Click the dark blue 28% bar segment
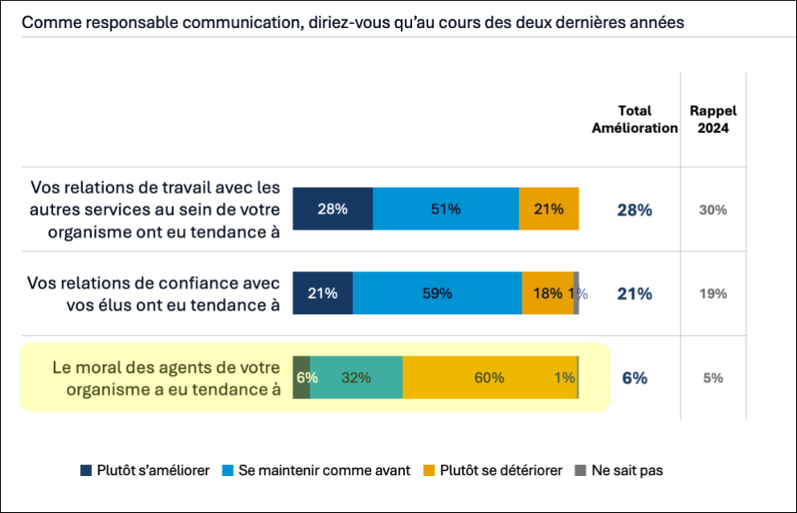332,209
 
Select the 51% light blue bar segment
445,209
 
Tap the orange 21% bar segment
548,209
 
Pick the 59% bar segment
437,293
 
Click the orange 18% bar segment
547,293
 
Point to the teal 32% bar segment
356,377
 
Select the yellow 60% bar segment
489,377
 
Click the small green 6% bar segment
301,377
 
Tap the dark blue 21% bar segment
323,293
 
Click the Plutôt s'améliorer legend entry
146,470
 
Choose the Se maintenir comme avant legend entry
317,470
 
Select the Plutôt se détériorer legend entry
493,470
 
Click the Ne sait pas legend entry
618,470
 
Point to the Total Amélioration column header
634,119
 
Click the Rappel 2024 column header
712,119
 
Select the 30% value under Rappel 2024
712,210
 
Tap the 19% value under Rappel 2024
712,294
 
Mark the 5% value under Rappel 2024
712,378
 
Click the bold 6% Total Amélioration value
634,378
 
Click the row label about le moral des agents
166,378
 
